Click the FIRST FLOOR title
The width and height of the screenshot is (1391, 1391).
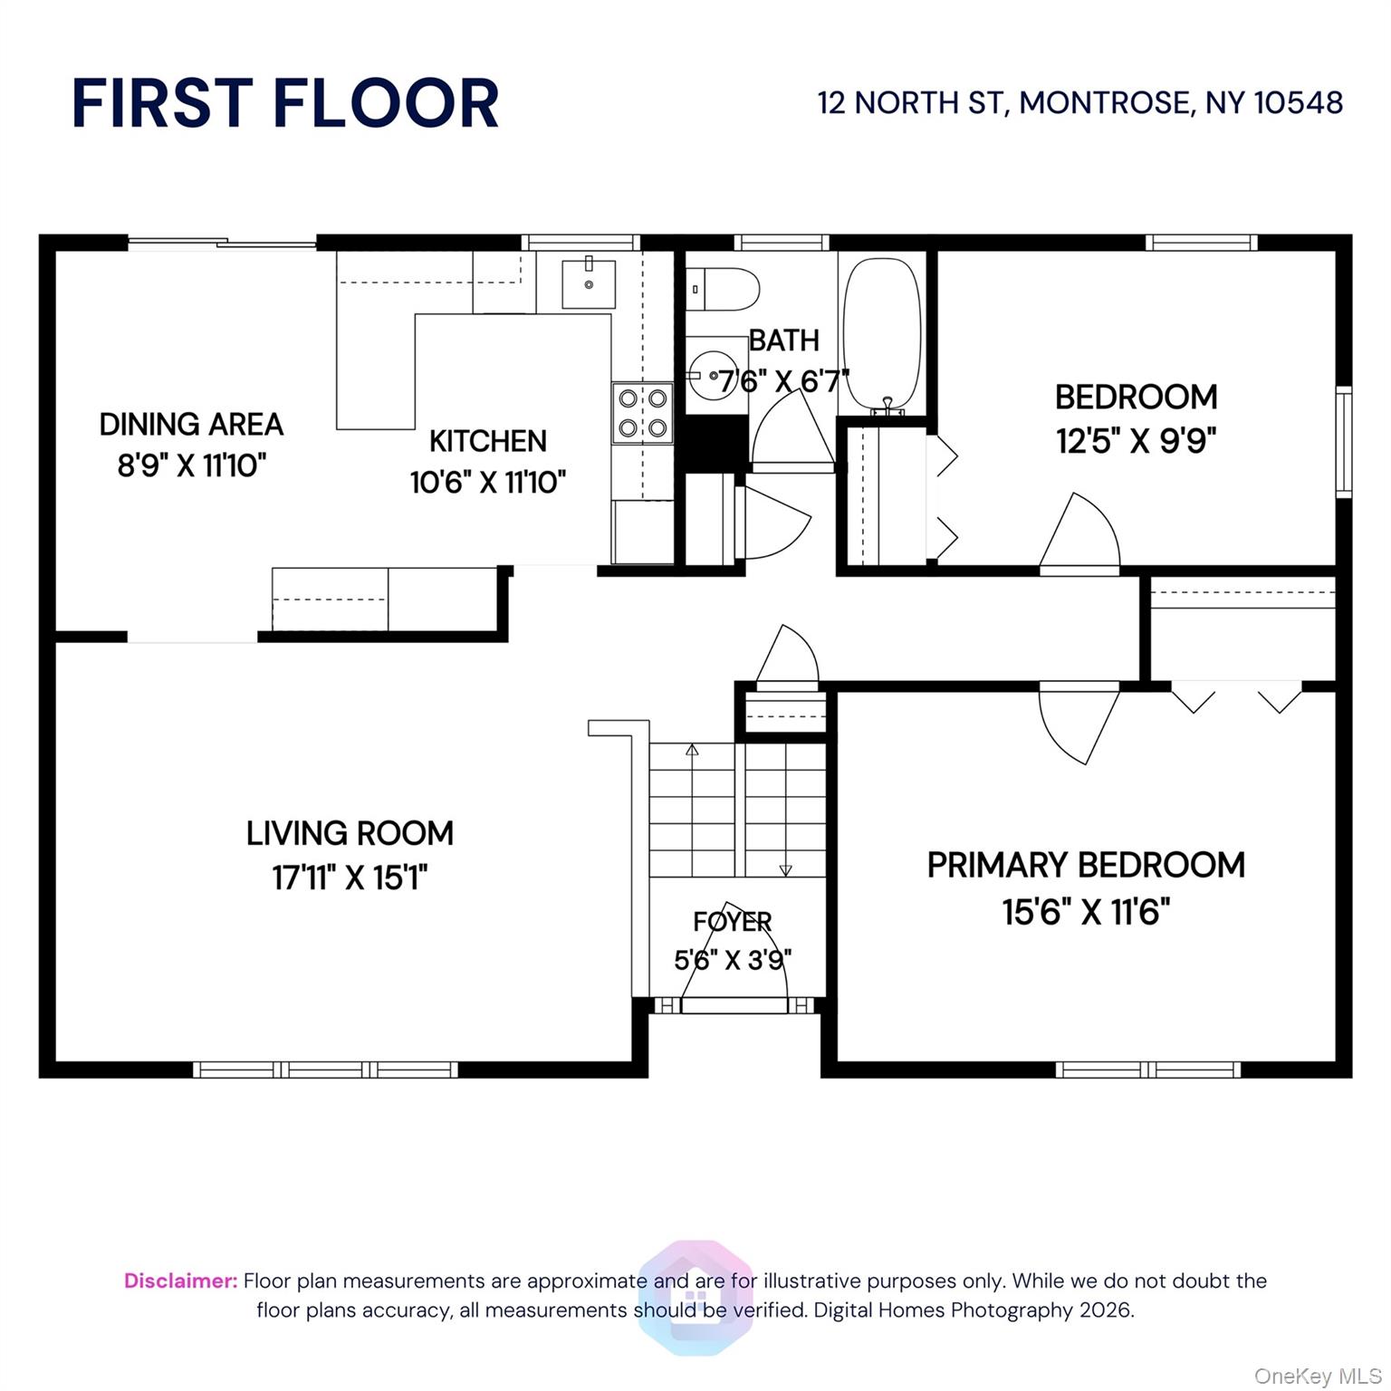click(285, 103)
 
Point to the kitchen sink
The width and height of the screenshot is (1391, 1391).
click(588, 284)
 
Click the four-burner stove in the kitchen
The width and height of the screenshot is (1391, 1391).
click(643, 413)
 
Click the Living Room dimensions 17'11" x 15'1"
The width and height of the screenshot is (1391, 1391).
click(350, 878)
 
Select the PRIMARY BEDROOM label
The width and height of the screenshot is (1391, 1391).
click(1086, 865)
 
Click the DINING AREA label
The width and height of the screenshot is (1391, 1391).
click(191, 424)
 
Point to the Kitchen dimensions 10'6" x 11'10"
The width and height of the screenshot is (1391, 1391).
click(488, 482)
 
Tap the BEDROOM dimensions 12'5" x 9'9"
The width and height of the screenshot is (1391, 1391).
click(1136, 441)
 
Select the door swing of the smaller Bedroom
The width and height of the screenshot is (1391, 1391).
click(1083, 534)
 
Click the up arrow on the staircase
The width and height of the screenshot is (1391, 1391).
click(693, 750)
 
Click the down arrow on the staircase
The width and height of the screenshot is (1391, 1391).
click(785, 869)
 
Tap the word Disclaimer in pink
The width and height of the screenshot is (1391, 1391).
click(180, 1281)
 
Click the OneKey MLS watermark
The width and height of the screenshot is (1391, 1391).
click(1317, 1377)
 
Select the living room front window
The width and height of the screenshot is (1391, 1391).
click(325, 1070)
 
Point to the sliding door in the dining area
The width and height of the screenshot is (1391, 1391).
click(222, 242)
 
